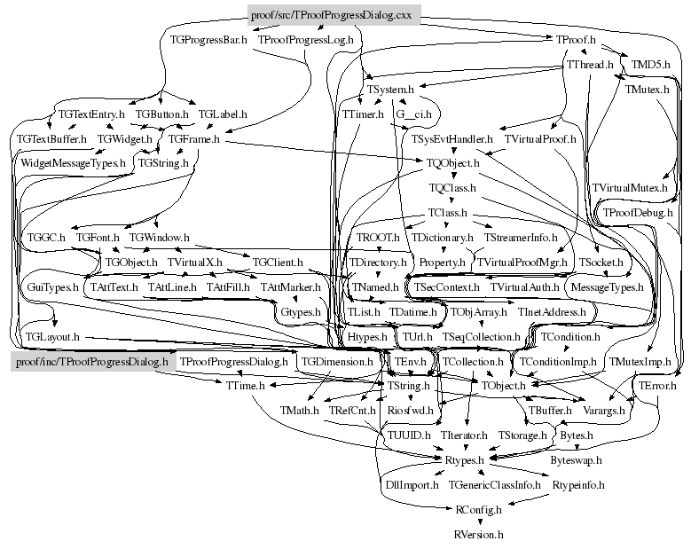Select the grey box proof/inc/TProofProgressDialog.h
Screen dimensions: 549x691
[x=89, y=362]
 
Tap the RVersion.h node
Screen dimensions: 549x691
[x=478, y=535]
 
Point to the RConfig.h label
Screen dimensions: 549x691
[x=478, y=510]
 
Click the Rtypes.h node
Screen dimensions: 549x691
[x=463, y=460]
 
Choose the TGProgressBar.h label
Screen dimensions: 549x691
[x=208, y=40]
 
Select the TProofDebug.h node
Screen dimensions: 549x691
[x=638, y=213]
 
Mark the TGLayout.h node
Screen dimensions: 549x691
[x=52, y=337]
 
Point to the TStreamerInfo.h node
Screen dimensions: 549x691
[x=521, y=238]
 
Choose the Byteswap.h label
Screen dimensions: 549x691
[x=576, y=460]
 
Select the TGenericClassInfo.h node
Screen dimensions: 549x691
[x=495, y=485]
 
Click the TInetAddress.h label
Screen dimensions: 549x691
[x=552, y=312]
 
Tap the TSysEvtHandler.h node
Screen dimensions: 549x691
[x=452, y=139]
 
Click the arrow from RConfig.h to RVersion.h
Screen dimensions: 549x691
[x=478, y=522]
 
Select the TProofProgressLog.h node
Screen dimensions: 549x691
[x=305, y=40]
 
